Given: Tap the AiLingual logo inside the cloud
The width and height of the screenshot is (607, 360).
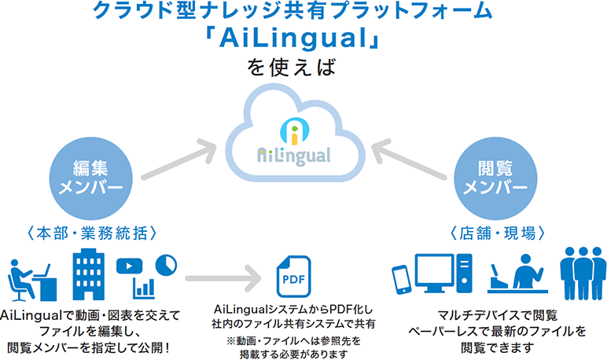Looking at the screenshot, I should (294, 142).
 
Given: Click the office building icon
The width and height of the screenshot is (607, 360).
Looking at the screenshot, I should (88, 274).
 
